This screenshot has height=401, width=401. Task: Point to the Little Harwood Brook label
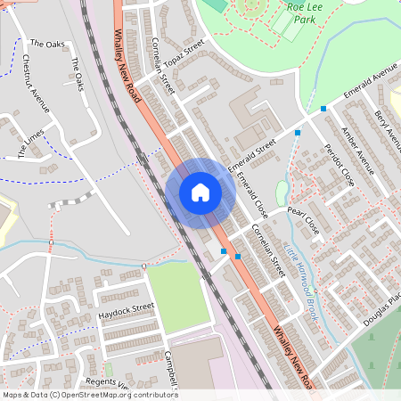[x=302, y=269]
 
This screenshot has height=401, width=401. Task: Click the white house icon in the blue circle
[x=200, y=192]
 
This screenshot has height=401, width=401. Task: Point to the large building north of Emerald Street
[x=253, y=121]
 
